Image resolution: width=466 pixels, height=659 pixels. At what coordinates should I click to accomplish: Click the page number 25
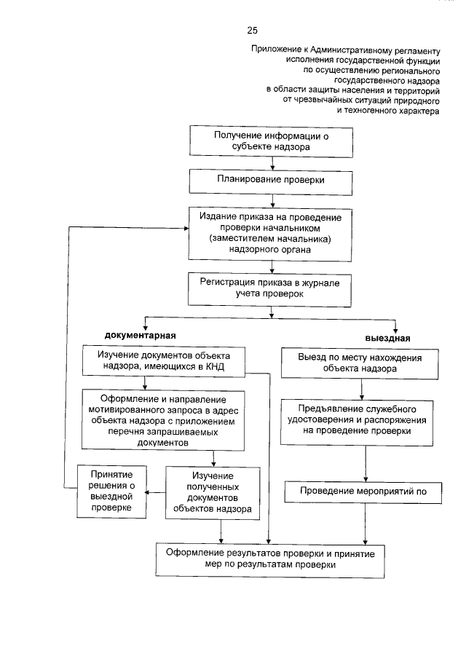click(x=251, y=30)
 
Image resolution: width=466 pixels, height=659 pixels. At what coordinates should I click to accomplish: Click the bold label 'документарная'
click(x=142, y=335)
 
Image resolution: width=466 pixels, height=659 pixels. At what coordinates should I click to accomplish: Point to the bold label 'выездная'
click(x=387, y=339)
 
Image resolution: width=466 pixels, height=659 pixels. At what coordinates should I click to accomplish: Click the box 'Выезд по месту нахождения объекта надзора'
click(x=359, y=363)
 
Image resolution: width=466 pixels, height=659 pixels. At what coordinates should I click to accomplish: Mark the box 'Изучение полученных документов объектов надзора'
click(x=212, y=492)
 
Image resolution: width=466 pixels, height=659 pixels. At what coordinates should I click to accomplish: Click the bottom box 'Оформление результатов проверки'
click(x=269, y=559)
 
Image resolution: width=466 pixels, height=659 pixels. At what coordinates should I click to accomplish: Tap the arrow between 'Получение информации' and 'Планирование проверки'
click(x=272, y=162)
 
